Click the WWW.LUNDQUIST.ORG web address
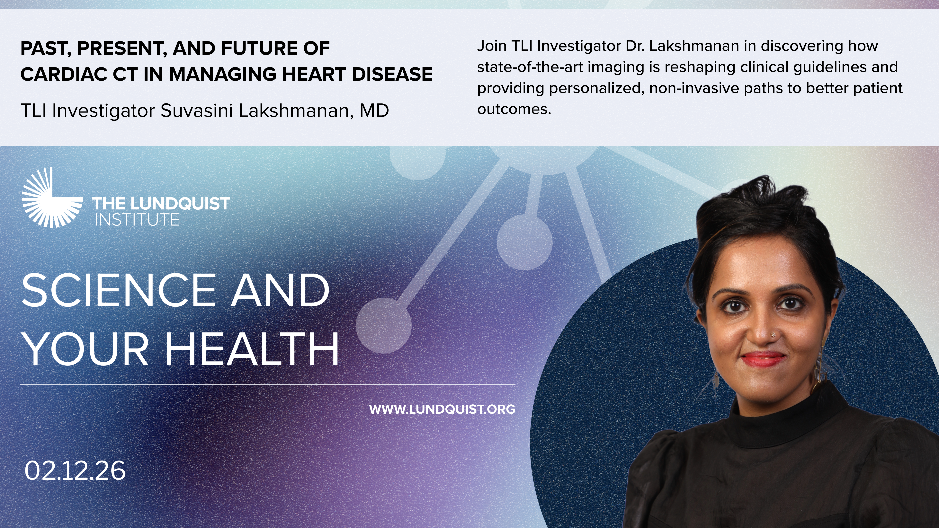pos(442,409)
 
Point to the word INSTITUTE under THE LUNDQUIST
pos(137,220)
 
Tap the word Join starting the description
pos(492,46)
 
